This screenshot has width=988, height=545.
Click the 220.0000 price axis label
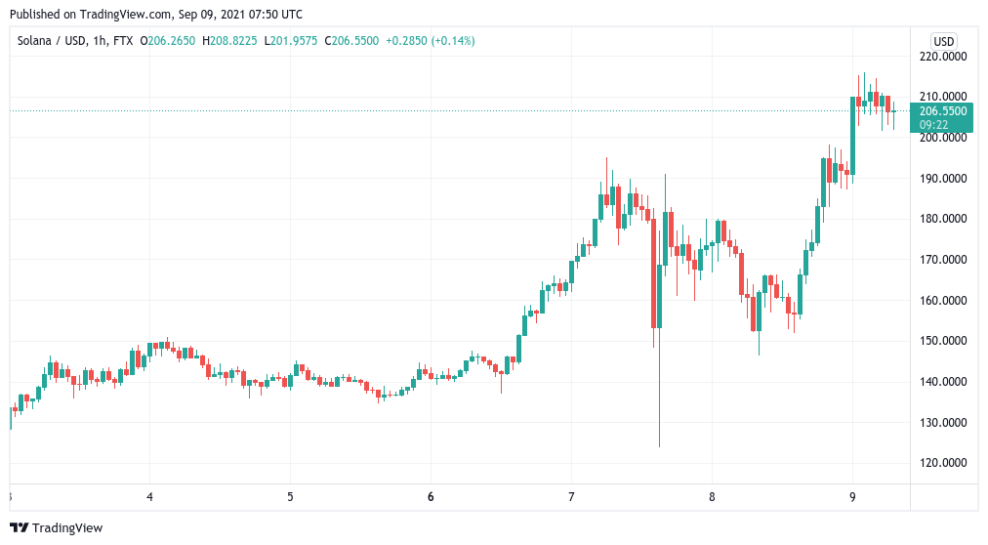click(943, 57)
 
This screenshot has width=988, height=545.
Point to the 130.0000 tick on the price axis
click(943, 423)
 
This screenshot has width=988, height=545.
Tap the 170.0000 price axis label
click(943, 260)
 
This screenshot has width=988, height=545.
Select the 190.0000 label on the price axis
click(943, 179)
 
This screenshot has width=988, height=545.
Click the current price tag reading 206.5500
click(943, 111)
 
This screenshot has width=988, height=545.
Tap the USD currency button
click(944, 41)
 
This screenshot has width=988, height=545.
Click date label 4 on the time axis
click(149, 496)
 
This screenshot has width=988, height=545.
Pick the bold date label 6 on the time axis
click(431, 496)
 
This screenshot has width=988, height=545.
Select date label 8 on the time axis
click(712, 496)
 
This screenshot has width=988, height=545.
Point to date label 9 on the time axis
click(852, 496)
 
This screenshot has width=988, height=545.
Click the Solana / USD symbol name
click(48, 41)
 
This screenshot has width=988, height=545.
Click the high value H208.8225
click(229, 41)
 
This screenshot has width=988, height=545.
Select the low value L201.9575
click(291, 41)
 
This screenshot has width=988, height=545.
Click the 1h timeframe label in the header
click(95, 41)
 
